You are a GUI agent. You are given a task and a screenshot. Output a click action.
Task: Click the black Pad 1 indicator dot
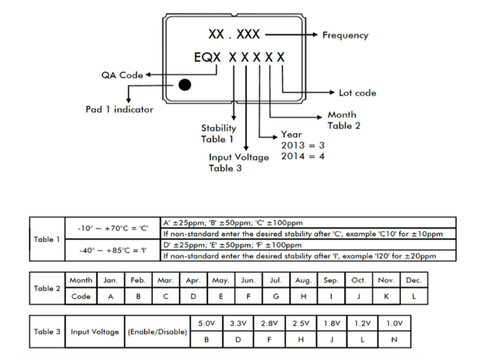184,84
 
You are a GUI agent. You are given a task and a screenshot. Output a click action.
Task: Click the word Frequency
345,35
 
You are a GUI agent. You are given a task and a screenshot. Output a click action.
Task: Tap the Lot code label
356,93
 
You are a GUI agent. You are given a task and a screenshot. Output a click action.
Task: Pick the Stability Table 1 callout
217,134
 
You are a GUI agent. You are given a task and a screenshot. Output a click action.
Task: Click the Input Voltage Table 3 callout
238,163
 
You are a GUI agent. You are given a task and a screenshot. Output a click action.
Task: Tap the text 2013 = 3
303,145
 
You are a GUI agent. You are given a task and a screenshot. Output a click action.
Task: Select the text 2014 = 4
303,156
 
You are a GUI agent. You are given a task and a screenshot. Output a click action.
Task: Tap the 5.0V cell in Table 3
207,324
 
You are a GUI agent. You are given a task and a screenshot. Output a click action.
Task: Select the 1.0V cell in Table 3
393,324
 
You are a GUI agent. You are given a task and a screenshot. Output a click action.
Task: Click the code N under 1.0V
393,339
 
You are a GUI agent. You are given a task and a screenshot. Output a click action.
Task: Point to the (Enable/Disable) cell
156,332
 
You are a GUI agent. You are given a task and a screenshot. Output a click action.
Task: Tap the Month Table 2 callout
342,120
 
